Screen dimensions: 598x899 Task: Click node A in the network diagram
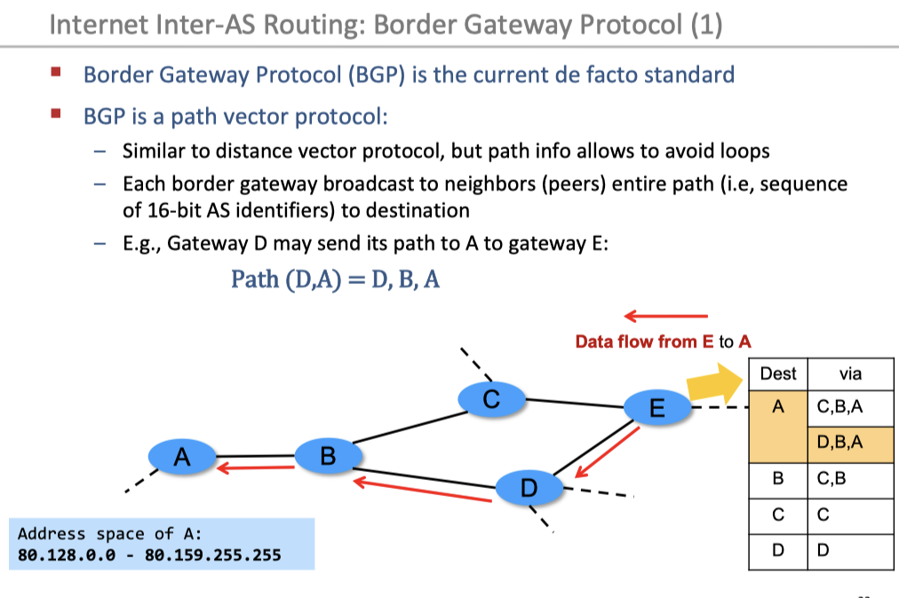pos(182,457)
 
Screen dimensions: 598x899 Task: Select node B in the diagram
pos(328,456)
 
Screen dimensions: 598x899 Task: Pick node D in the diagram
pos(529,486)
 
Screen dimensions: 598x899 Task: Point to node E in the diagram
pos(656,408)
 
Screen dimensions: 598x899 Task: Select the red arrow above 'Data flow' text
pos(665,316)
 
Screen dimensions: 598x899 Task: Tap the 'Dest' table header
pos(778,374)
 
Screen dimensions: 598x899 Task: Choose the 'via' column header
pos(850,374)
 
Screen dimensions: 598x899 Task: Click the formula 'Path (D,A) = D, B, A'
pos(336,279)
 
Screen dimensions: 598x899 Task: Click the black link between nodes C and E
pos(576,403)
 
